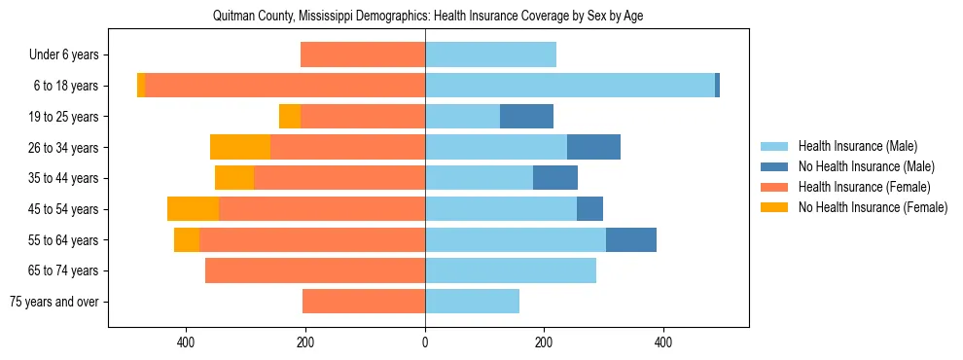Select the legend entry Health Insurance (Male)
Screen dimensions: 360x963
[857, 146]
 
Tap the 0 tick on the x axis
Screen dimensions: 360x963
[425, 342]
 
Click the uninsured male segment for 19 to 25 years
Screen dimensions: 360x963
[526, 117]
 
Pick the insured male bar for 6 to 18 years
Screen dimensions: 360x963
[569, 86]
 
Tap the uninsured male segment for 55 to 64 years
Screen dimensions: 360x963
[630, 239]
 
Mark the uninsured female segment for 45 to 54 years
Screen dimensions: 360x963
[193, 209]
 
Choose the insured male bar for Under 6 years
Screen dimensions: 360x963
[490, 55]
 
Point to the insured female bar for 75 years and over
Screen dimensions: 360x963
[364, 302]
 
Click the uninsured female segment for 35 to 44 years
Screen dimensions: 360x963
[234, 178]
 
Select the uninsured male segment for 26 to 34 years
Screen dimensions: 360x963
[593, 147]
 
